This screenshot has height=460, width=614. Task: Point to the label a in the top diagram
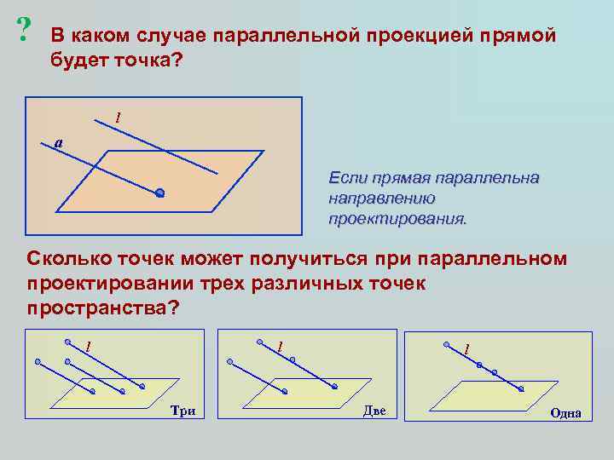57,142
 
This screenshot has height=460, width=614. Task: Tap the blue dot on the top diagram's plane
159,194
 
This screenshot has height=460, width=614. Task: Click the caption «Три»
182,411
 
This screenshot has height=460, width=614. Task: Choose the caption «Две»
374,411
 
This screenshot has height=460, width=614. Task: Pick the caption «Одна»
565,413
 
